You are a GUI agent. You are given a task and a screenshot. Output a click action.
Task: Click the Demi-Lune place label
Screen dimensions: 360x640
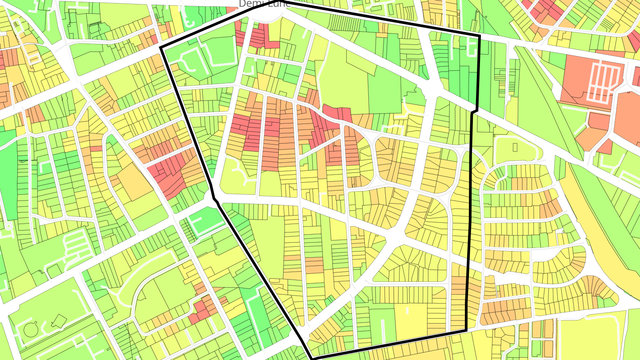click(x=265, y=4)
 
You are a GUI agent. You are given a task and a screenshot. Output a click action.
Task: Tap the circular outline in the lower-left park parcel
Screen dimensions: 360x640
click(x=30, y=330)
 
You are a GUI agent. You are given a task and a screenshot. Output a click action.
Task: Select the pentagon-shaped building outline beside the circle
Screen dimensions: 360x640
click(x=56, y=320)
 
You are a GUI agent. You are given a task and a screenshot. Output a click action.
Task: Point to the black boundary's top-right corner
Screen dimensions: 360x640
click(x=480, y=36)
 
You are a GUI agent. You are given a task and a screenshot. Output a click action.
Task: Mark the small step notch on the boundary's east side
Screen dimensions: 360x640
click(x=475, y=111)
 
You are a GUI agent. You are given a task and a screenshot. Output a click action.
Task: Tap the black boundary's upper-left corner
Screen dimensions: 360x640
click(x=160, y=47)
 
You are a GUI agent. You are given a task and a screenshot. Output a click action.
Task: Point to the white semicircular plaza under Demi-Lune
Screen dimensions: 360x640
click(x=266, y=16)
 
